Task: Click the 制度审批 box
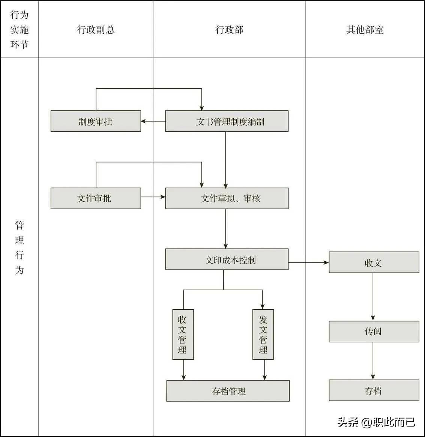click(x=96, y=121)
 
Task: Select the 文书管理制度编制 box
click(x=227, y=121)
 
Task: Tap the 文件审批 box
click(x=96, y=198)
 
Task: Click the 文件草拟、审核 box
click(x=227, y=198)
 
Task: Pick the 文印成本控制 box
click(x=227, y=259)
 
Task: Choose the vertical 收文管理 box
click(x=183, y=334)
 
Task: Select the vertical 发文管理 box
click(x=263, y=334)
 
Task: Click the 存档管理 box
click(x=228, y=391)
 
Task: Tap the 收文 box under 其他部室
click(x=374, y=262)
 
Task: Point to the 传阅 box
click(x=374, y=332)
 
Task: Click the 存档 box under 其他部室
click(x=374, y=390)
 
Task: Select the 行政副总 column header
click(x=96, y=30)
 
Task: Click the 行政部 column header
click(x=229, y=30)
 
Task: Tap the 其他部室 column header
click(x=365, y=30)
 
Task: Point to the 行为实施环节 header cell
click(x=19, y=30)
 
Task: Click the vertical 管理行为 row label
click(x=19, y=247)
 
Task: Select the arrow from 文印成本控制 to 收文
click(x=308, y=263)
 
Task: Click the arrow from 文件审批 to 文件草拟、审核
click(x=153, y=197)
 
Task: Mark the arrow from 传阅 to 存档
click(x=373, y=361)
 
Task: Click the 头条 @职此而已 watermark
click(x=376, y=422)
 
